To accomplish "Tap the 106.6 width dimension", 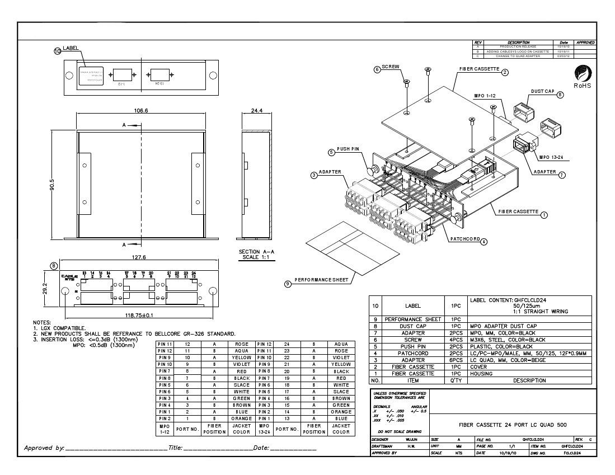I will point(140,111).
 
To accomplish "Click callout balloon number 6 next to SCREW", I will point(377,69).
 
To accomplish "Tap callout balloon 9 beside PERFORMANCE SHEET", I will point(288,284).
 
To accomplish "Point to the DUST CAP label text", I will point(542,91).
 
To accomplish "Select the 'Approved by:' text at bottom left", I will point(44,448).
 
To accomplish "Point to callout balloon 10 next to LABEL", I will point(57,51).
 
